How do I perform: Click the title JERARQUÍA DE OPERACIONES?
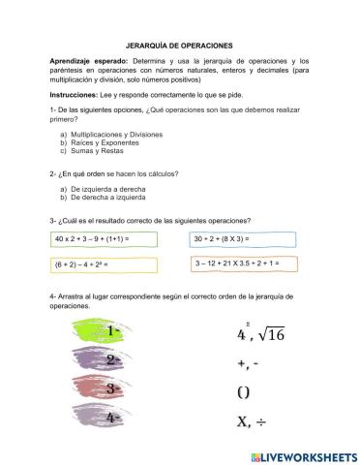pyautogui.click(x=179, y=45)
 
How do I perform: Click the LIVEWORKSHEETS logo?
pyautogui.click(x=302, y=454)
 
